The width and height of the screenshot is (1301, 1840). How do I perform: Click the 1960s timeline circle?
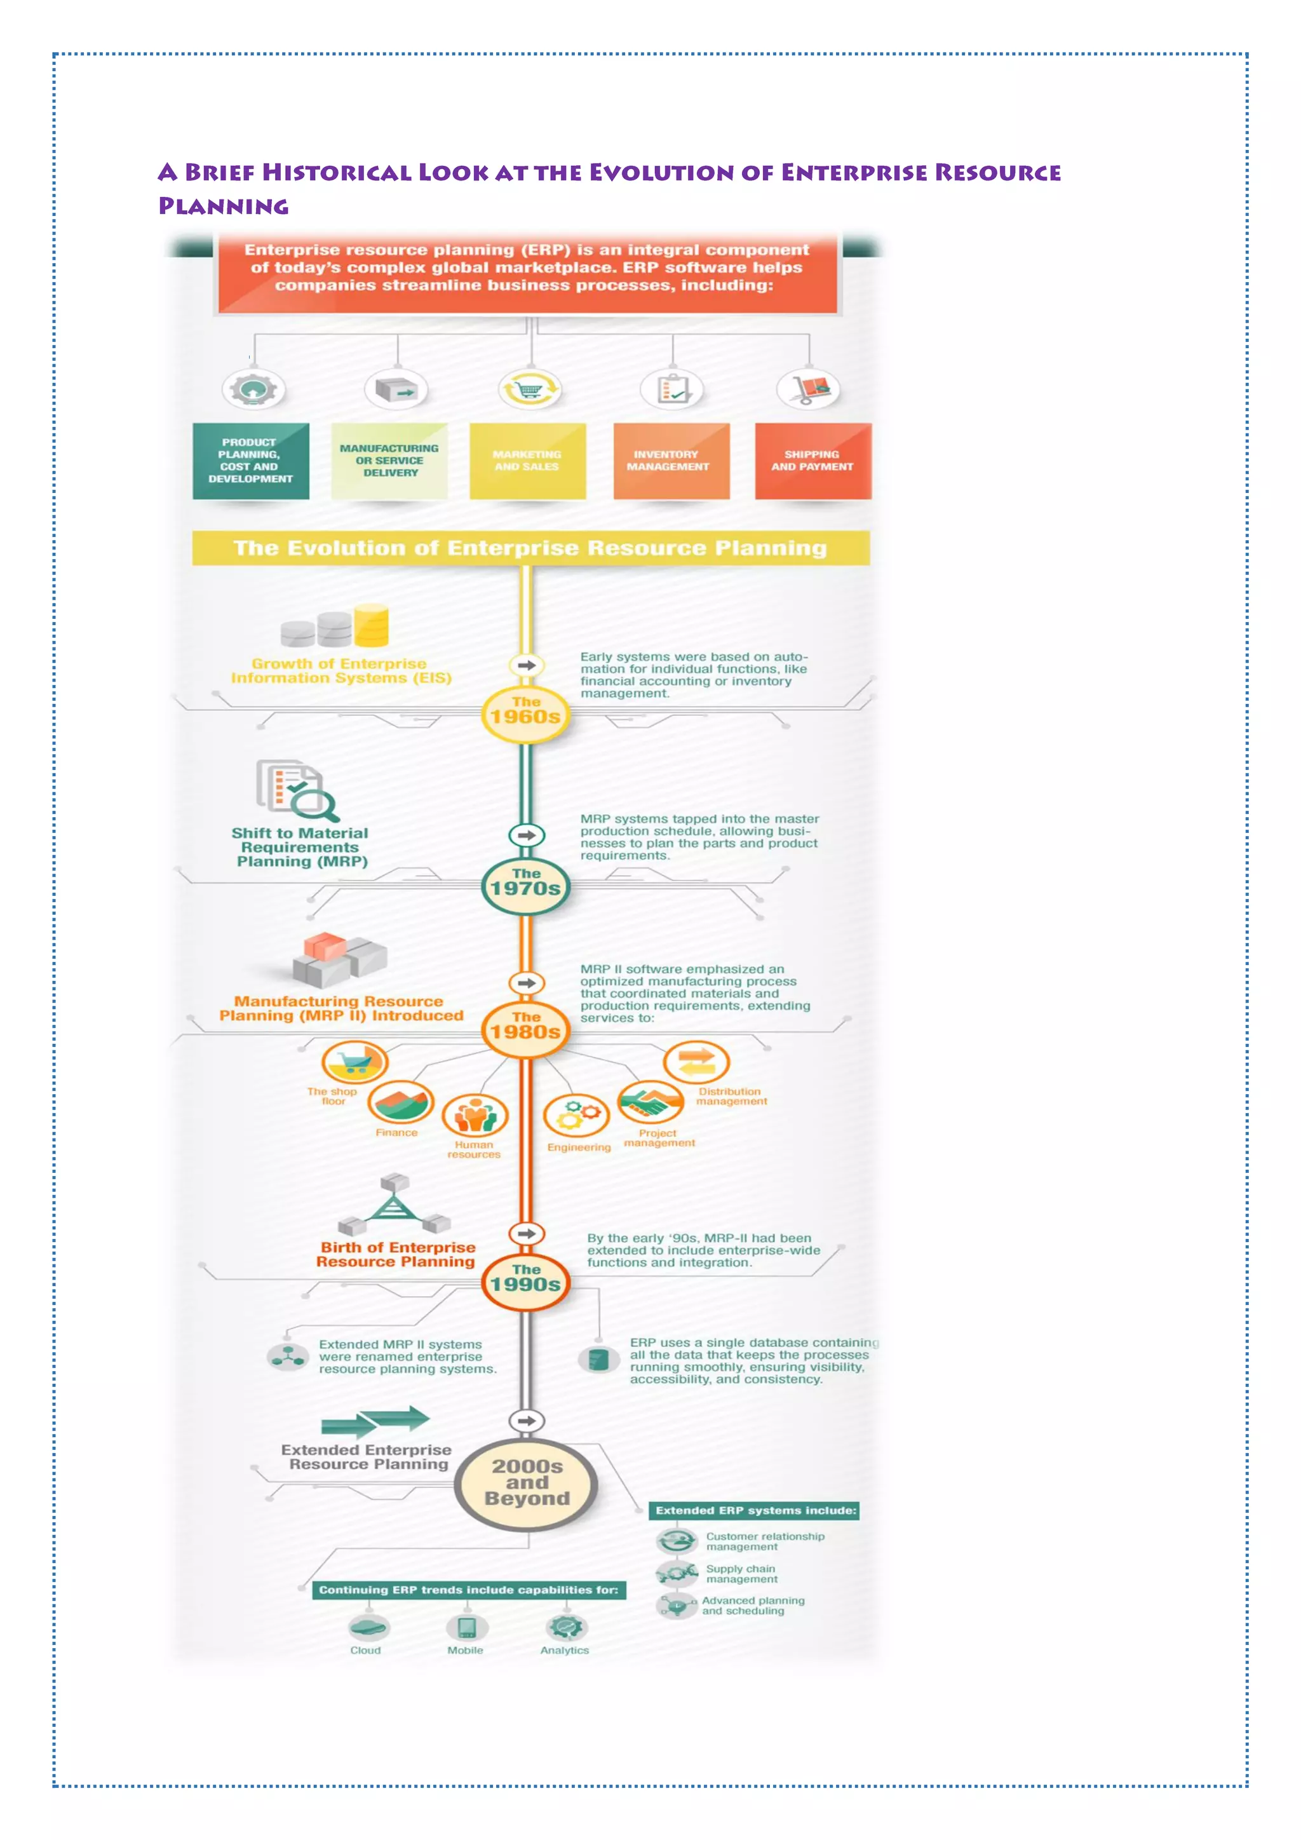(x=525, y=714)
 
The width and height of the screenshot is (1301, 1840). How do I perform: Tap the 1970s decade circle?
(x=525, y=885)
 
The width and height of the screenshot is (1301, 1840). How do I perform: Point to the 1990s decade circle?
(x=525, y=1281)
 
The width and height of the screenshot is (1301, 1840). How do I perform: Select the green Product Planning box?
(x=251, y=461)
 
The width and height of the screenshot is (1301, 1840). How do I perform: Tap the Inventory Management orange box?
(x=671, y=461)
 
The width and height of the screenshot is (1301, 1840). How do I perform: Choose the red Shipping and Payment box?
(x=813, y=461)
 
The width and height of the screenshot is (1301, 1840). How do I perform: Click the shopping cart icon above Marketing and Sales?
(x=530, y=390)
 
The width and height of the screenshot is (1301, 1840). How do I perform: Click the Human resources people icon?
(x=476, y=1115)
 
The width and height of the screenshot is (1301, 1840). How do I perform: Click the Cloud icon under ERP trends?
(x=368, y=1628)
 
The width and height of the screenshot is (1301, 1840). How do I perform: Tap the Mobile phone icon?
(x=467, y=1628)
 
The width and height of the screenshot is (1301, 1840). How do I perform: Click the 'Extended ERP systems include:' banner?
(x=755, y=1511)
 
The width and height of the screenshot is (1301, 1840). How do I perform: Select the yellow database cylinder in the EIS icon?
(x=372, y=625)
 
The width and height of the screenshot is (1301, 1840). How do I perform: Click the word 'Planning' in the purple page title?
(x=224, y=206)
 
